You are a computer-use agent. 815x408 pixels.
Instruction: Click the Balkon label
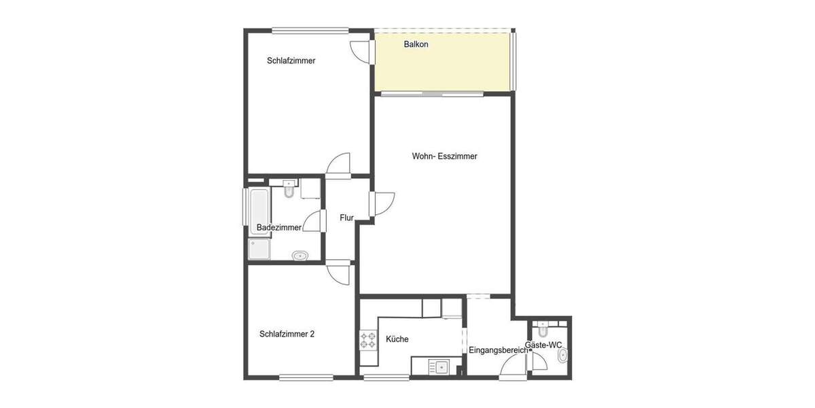(416, 44)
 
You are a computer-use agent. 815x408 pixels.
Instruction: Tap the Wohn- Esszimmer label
(444, 156)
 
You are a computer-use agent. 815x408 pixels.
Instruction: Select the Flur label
(347, 218)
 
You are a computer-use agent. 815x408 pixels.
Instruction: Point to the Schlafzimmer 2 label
(287, 335)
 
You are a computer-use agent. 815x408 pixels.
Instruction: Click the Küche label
(397, 339)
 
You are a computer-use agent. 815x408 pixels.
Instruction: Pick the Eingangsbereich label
(498, 351)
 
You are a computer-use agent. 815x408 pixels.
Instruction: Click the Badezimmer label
(278, 228)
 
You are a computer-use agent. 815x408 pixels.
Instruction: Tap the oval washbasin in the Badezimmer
(300, 256)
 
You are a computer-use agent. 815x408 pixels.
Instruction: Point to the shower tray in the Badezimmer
(259, 250)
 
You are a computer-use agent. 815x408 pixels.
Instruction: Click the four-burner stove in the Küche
(368, 339)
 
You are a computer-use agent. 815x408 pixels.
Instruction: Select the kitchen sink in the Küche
(439, 368)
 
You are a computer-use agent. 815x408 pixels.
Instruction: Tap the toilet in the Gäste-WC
(541, 330)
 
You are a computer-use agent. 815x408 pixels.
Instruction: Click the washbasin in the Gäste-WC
(562, 356)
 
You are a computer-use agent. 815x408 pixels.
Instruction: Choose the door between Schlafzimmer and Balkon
(361, 52)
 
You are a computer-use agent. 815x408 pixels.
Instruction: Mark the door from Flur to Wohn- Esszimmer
(381, 204)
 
